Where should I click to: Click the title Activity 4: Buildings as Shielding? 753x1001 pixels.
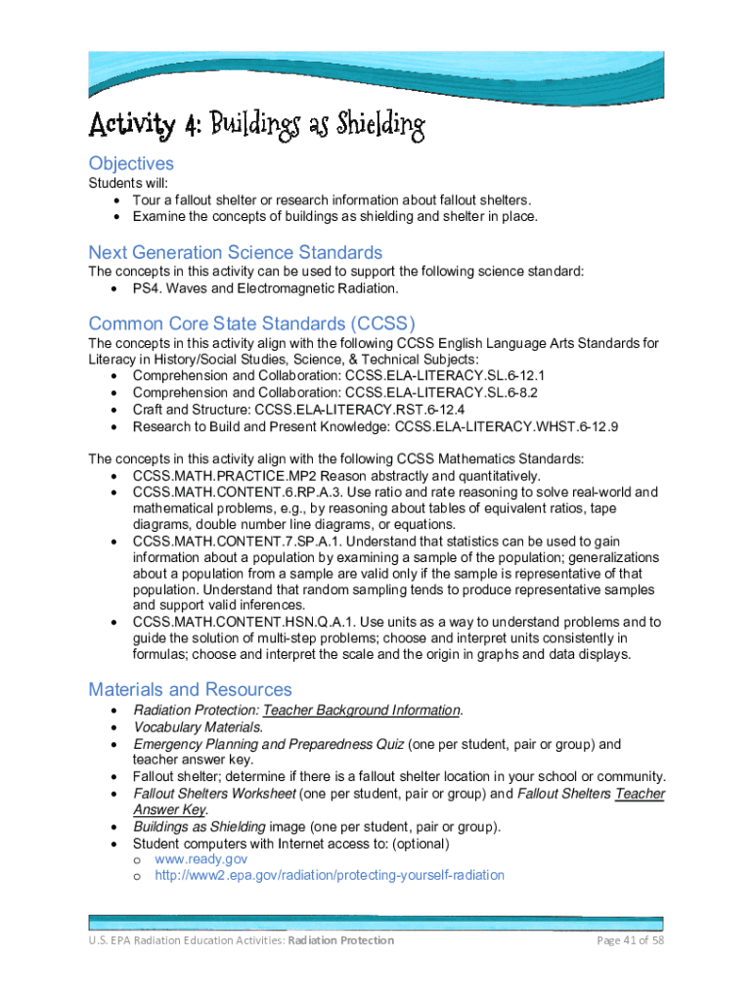[257, 126]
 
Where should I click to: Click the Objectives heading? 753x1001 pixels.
[131, 163]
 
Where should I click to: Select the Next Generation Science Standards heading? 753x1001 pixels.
[235, 252]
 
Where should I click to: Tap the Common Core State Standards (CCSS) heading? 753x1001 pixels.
[251, 324]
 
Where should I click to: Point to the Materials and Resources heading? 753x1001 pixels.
[190, 690]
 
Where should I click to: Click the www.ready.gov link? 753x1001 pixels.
[201, 859]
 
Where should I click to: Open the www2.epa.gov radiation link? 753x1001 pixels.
[330, 876]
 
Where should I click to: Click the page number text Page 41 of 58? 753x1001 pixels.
[631, 940]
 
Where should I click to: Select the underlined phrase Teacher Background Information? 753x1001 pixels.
[362, 711]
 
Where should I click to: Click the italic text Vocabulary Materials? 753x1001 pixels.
[198, 727]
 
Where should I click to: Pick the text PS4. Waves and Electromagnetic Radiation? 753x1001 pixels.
[265, 289]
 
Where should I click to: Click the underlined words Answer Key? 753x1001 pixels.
[169, 810]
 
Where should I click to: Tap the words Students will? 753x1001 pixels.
[128, 184]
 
